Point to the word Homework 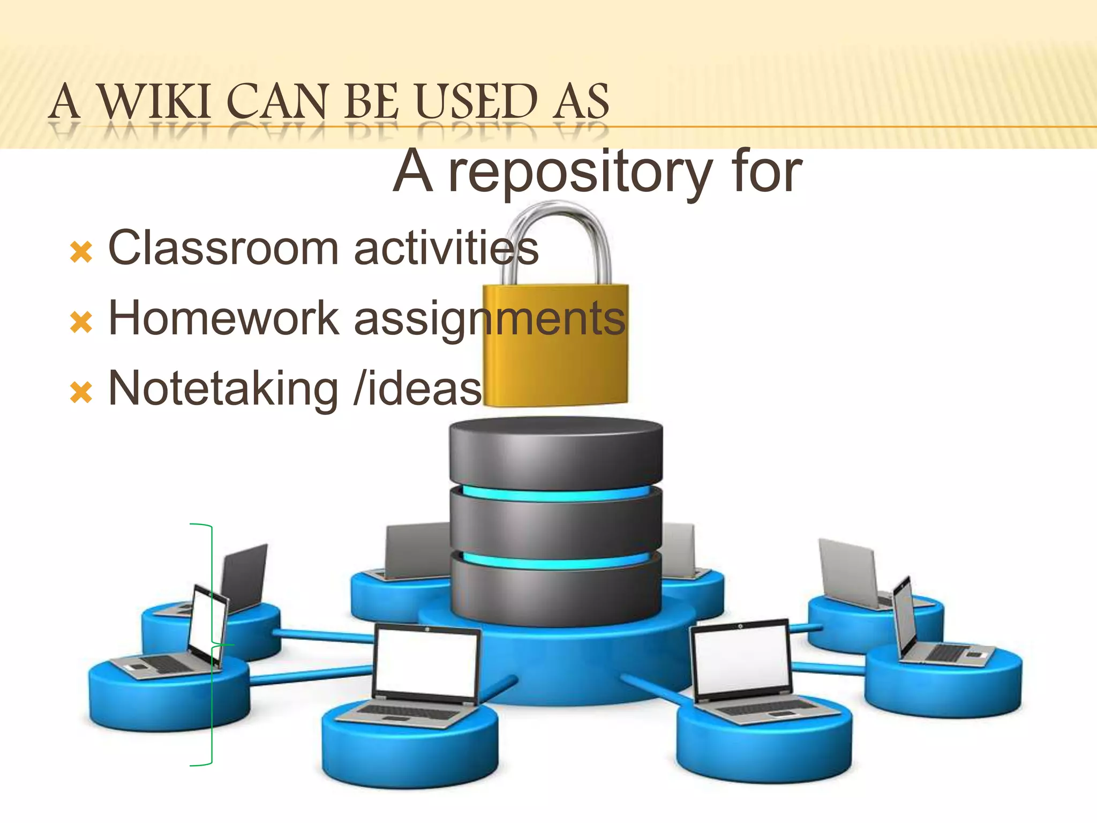click(x=223, y=318)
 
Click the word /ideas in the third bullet click(x=418, y=389)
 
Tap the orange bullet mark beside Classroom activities click(x=81, y=252)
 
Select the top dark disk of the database click(x=555, y=450)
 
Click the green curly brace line click(x=212, y=697)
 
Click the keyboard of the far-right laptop click(x=948, y=653)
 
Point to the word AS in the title click(x=582, y=102)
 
